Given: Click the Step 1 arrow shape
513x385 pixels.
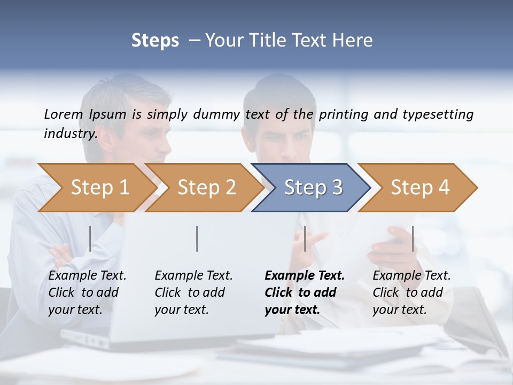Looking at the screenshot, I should pyautogui.click(x=99, y=188).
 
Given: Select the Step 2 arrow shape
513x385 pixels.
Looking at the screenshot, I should pyautogui.click(x=206, y=188).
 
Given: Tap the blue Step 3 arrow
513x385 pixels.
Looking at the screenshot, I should pyautogui.click(x=313, y=188).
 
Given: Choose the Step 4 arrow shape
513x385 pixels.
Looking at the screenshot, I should pyautogui.click(x=420, y=188).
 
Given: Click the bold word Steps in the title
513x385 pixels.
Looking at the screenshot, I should pyautogui.click(x=155, y=40).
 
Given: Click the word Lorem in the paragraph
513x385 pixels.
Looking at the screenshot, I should pyautogui.click(x=63, y=114).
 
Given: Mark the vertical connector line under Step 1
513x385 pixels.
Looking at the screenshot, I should pyautogui.click(x=90, y=238).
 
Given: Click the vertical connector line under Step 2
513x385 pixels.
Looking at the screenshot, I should pyautogui.click(x=197, y=238).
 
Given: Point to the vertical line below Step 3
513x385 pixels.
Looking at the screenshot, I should pyautogui.click(x=305, y=238).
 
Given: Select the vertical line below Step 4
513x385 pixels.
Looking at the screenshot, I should pyautogui.click(x=413, y=238).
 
